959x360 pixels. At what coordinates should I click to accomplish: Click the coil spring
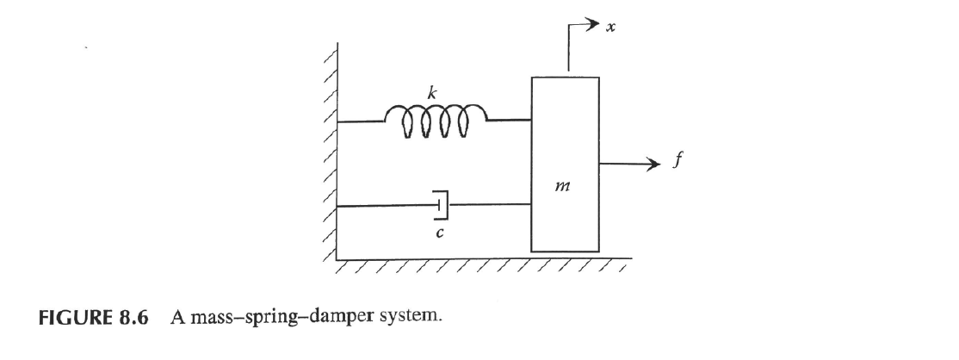(x=436, y=121)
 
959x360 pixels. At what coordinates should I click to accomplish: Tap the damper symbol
(x=442, y=205)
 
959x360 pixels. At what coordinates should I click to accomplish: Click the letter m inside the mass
(x=566, y=184)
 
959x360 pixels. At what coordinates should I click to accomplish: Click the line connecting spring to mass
(x=509, y=121)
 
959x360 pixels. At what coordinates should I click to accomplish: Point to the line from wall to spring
(x=361, y=121)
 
